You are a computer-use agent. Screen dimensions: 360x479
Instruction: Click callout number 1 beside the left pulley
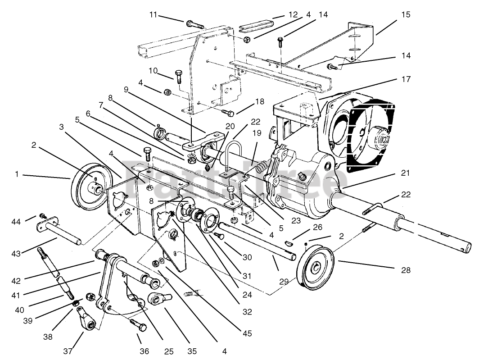point(17,174)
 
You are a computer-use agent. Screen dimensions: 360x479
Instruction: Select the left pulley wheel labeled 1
point(87,186)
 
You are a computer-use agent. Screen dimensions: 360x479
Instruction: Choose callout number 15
point(406,14)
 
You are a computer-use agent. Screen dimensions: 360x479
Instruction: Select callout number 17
point(407,79)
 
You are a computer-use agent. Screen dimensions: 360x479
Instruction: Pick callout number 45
point(246,333)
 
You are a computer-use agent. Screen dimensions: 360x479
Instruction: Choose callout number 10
point(153,71)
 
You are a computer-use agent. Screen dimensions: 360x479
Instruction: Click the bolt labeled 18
point(227,111)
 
